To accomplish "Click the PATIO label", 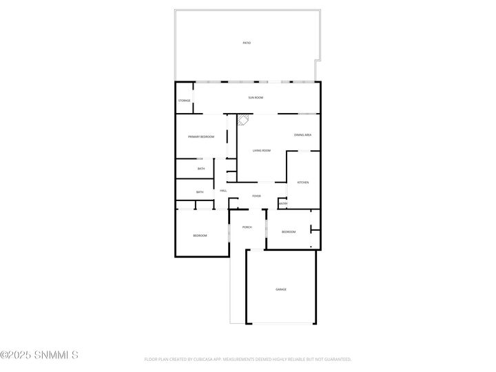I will (x=247, y=43).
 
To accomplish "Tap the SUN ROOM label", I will (x=256, y=98).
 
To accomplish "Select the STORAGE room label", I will (x=185, y=101).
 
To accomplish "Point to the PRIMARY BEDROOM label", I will (x=201, y=137).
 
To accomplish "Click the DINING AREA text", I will (x=303, y=135).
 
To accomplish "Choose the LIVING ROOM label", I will (x=261, y=150).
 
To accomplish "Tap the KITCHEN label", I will (x=302, y=183).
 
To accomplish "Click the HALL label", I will (x=223, y=190).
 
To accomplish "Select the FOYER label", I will (x=256, y=196).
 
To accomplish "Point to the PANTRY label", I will (x=282, y=204).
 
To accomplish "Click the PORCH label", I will (x=247, y=227).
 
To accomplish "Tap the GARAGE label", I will (x=281, y=289).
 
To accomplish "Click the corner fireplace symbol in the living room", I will (x=242, y=121).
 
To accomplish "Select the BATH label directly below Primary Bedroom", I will (x=201, y=169).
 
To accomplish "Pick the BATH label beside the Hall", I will (x=200, y=192).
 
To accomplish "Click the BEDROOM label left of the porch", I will (x=200, y=236).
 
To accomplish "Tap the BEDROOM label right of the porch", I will (x=289, y=231).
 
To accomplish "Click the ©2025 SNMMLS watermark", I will (x=39, y=355).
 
